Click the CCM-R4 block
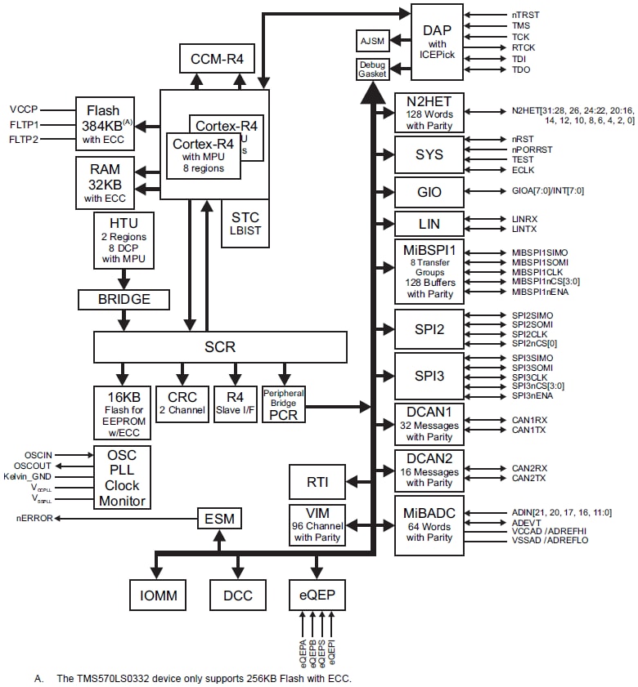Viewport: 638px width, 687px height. click(x=217, y=59)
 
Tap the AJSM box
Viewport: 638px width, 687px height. click(x=372, y=40)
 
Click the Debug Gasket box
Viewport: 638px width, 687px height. click(x=372, y=69)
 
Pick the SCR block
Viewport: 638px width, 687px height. click(x=220, y=346)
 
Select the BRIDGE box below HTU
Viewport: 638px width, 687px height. click(x=124, y=299)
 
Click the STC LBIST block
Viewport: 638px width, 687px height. click(x=245, y=223)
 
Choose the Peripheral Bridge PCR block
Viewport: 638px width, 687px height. click(x=282, y=403)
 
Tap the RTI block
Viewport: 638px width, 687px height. click(x=317, y=482)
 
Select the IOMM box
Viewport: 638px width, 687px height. click(x=159, y=595)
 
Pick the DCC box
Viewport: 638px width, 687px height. click(x=237, y=595)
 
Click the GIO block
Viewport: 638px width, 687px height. click(x=429, y=192)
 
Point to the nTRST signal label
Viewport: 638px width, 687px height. click(x=525, y=15)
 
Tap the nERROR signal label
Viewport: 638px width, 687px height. click(x=35, y=518)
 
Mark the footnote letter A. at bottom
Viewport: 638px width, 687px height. click(x=38, y=678)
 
